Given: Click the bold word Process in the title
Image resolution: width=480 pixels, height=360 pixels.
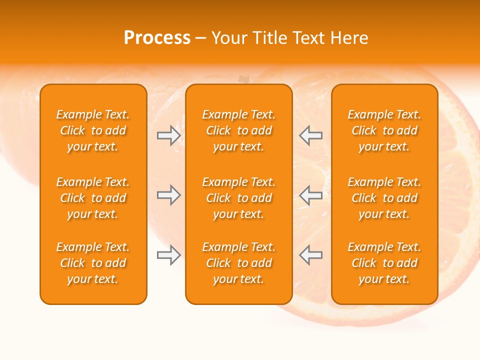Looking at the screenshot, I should [x=157, y=38].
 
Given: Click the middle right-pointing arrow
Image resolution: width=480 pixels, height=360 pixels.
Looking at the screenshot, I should [x=169, y=195].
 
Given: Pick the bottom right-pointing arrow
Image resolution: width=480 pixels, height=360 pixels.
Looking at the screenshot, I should [x=169, y=255].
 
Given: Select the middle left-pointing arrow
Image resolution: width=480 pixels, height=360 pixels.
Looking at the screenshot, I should [x=310, y=195].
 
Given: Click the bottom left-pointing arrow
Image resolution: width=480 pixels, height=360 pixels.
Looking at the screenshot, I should [x=310, y=255].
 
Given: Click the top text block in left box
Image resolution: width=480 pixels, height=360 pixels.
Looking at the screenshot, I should [x=93, y=130].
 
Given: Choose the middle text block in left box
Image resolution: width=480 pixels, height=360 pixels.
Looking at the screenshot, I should [x=93, y=198].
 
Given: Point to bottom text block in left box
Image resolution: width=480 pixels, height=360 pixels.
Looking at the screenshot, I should [x=93, y=263].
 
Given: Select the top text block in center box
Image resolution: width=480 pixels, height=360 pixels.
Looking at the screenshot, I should [x=238, y=130].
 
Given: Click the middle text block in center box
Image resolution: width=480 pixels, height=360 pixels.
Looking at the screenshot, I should [x=238, y=198].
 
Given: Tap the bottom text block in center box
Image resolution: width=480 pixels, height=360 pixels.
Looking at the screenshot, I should [x=238, y=263].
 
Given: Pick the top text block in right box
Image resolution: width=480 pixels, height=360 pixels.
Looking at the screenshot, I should [x=384, y=130].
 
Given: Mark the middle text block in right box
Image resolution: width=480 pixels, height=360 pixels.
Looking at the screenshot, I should [x=384, y=198].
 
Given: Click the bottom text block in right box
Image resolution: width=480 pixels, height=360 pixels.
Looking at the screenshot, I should [x=384, y=263].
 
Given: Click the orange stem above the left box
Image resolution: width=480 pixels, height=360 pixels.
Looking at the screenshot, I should [x=243, y=78].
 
